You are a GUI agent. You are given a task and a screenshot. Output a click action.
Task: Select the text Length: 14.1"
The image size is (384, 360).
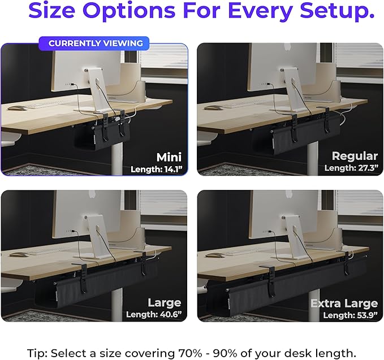pyautogui.click(x=156, y=169)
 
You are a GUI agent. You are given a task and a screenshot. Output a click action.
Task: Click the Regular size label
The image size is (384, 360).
pyautogui.click(x=355, y=156)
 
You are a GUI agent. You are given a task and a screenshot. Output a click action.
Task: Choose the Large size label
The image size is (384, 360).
pyautogui.click(x=164, y=302)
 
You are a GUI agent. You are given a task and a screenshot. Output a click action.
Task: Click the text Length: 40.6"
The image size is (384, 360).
pyautogui.click(x=154, y=314)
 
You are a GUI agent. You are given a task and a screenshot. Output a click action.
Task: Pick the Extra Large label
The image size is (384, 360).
pyautogui.click(x=344, y=303)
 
